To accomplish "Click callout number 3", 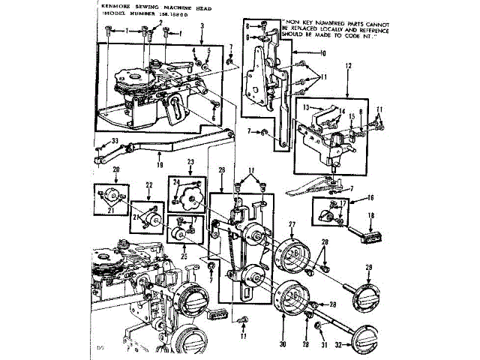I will (x=202, y=26).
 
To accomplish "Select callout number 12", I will (x=348, y=66).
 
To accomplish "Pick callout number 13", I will (x=307, y=107).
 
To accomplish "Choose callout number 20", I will (x=116, y=169).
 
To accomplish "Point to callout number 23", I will (x=190, y=162).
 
